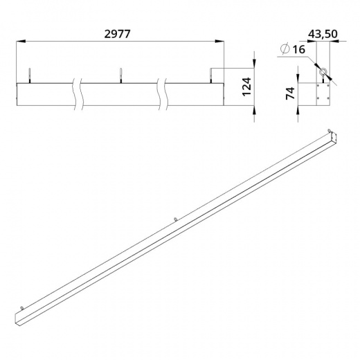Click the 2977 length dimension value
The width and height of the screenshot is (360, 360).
117,34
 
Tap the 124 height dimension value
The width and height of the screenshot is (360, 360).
246,87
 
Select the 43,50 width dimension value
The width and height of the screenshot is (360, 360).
323,34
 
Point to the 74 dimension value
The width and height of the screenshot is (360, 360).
290,93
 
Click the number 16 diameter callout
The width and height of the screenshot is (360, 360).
299,49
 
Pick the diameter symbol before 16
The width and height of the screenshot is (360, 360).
285,48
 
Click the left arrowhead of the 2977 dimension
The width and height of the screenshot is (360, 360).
21,42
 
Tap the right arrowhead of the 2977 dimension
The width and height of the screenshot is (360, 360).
219,42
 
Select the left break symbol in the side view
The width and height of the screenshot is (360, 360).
78,93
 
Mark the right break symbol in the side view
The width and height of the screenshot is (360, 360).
162,93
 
